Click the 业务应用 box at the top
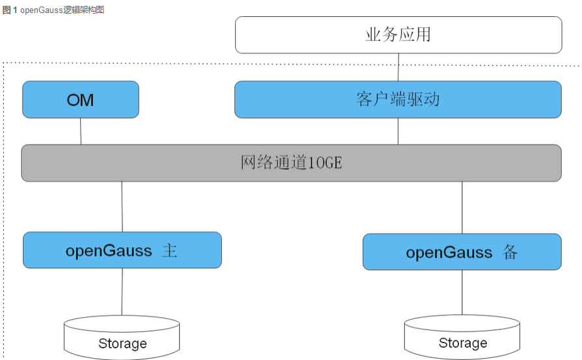398,35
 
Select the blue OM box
81,100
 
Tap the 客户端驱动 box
398,100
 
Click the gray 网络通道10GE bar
291,163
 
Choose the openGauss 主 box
122,250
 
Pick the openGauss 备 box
462,252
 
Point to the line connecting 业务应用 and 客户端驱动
398,67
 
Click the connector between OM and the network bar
81,132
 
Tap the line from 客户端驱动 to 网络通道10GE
398,132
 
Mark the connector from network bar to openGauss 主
122,206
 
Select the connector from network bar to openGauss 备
462,208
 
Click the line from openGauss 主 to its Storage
122,292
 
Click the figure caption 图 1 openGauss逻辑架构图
53,10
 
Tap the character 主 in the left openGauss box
169,251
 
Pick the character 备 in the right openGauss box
510,253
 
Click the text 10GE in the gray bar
325,163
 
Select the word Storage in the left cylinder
122,343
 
